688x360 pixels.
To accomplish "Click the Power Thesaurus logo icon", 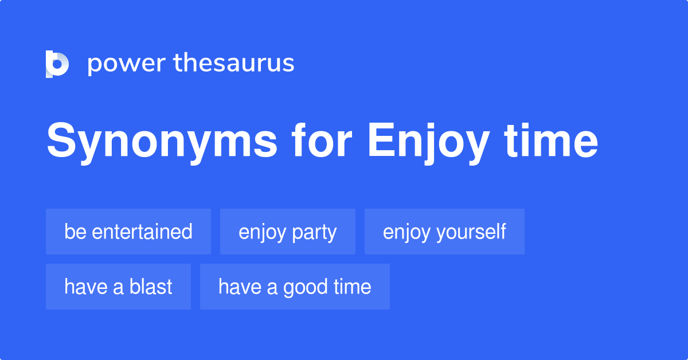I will (x=57, y=64).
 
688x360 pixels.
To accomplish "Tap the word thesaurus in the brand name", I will (x=234, y=64).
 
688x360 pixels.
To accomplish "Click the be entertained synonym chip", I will (x=128, y=232).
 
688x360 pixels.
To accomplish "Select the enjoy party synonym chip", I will (x=288, y=232).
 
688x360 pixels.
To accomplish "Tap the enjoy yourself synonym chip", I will (x=444, y=232).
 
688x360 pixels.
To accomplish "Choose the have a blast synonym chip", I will (x=118, y=287).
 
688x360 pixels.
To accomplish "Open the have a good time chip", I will (x=295, y=287).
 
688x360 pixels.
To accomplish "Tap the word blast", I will (x=151, y=287).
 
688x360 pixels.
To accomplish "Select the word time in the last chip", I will (x=352, y=287).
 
